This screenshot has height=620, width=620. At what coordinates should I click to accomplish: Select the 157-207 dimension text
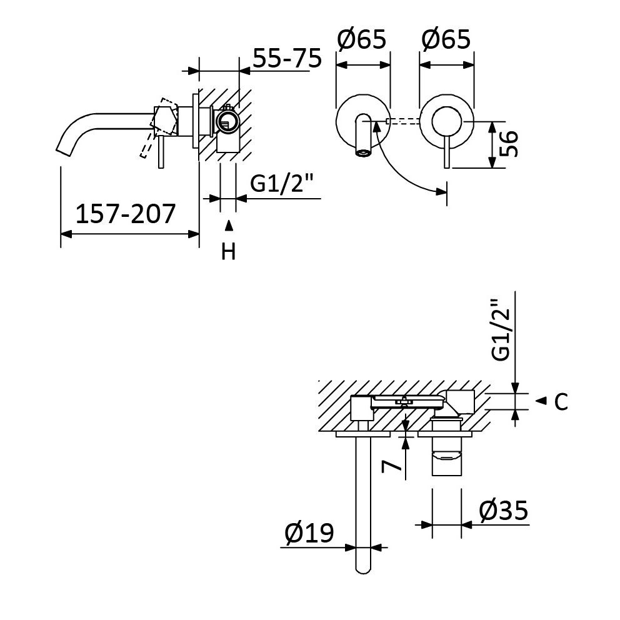pyautogui.click(x=125, y=214)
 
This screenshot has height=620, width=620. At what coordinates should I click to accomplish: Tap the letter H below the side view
pyautogui.click(x=229, y=252)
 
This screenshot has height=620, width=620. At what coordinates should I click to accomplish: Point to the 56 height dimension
pyautogui.click(x=509, y=144)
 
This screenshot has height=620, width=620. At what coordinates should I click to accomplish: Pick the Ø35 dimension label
pyautogui.click(x=504, y=511)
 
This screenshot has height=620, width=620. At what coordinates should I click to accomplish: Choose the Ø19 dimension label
pyautogui.click(x=309, y=534)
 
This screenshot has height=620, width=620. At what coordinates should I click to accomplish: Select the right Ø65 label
pyautogui.click(x=446, y=40)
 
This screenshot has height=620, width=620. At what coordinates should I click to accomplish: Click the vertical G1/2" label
pyautogui.click(x=501, y=331)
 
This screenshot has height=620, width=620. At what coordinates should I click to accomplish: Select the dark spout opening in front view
pyautogui.click(x=362, y=152)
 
